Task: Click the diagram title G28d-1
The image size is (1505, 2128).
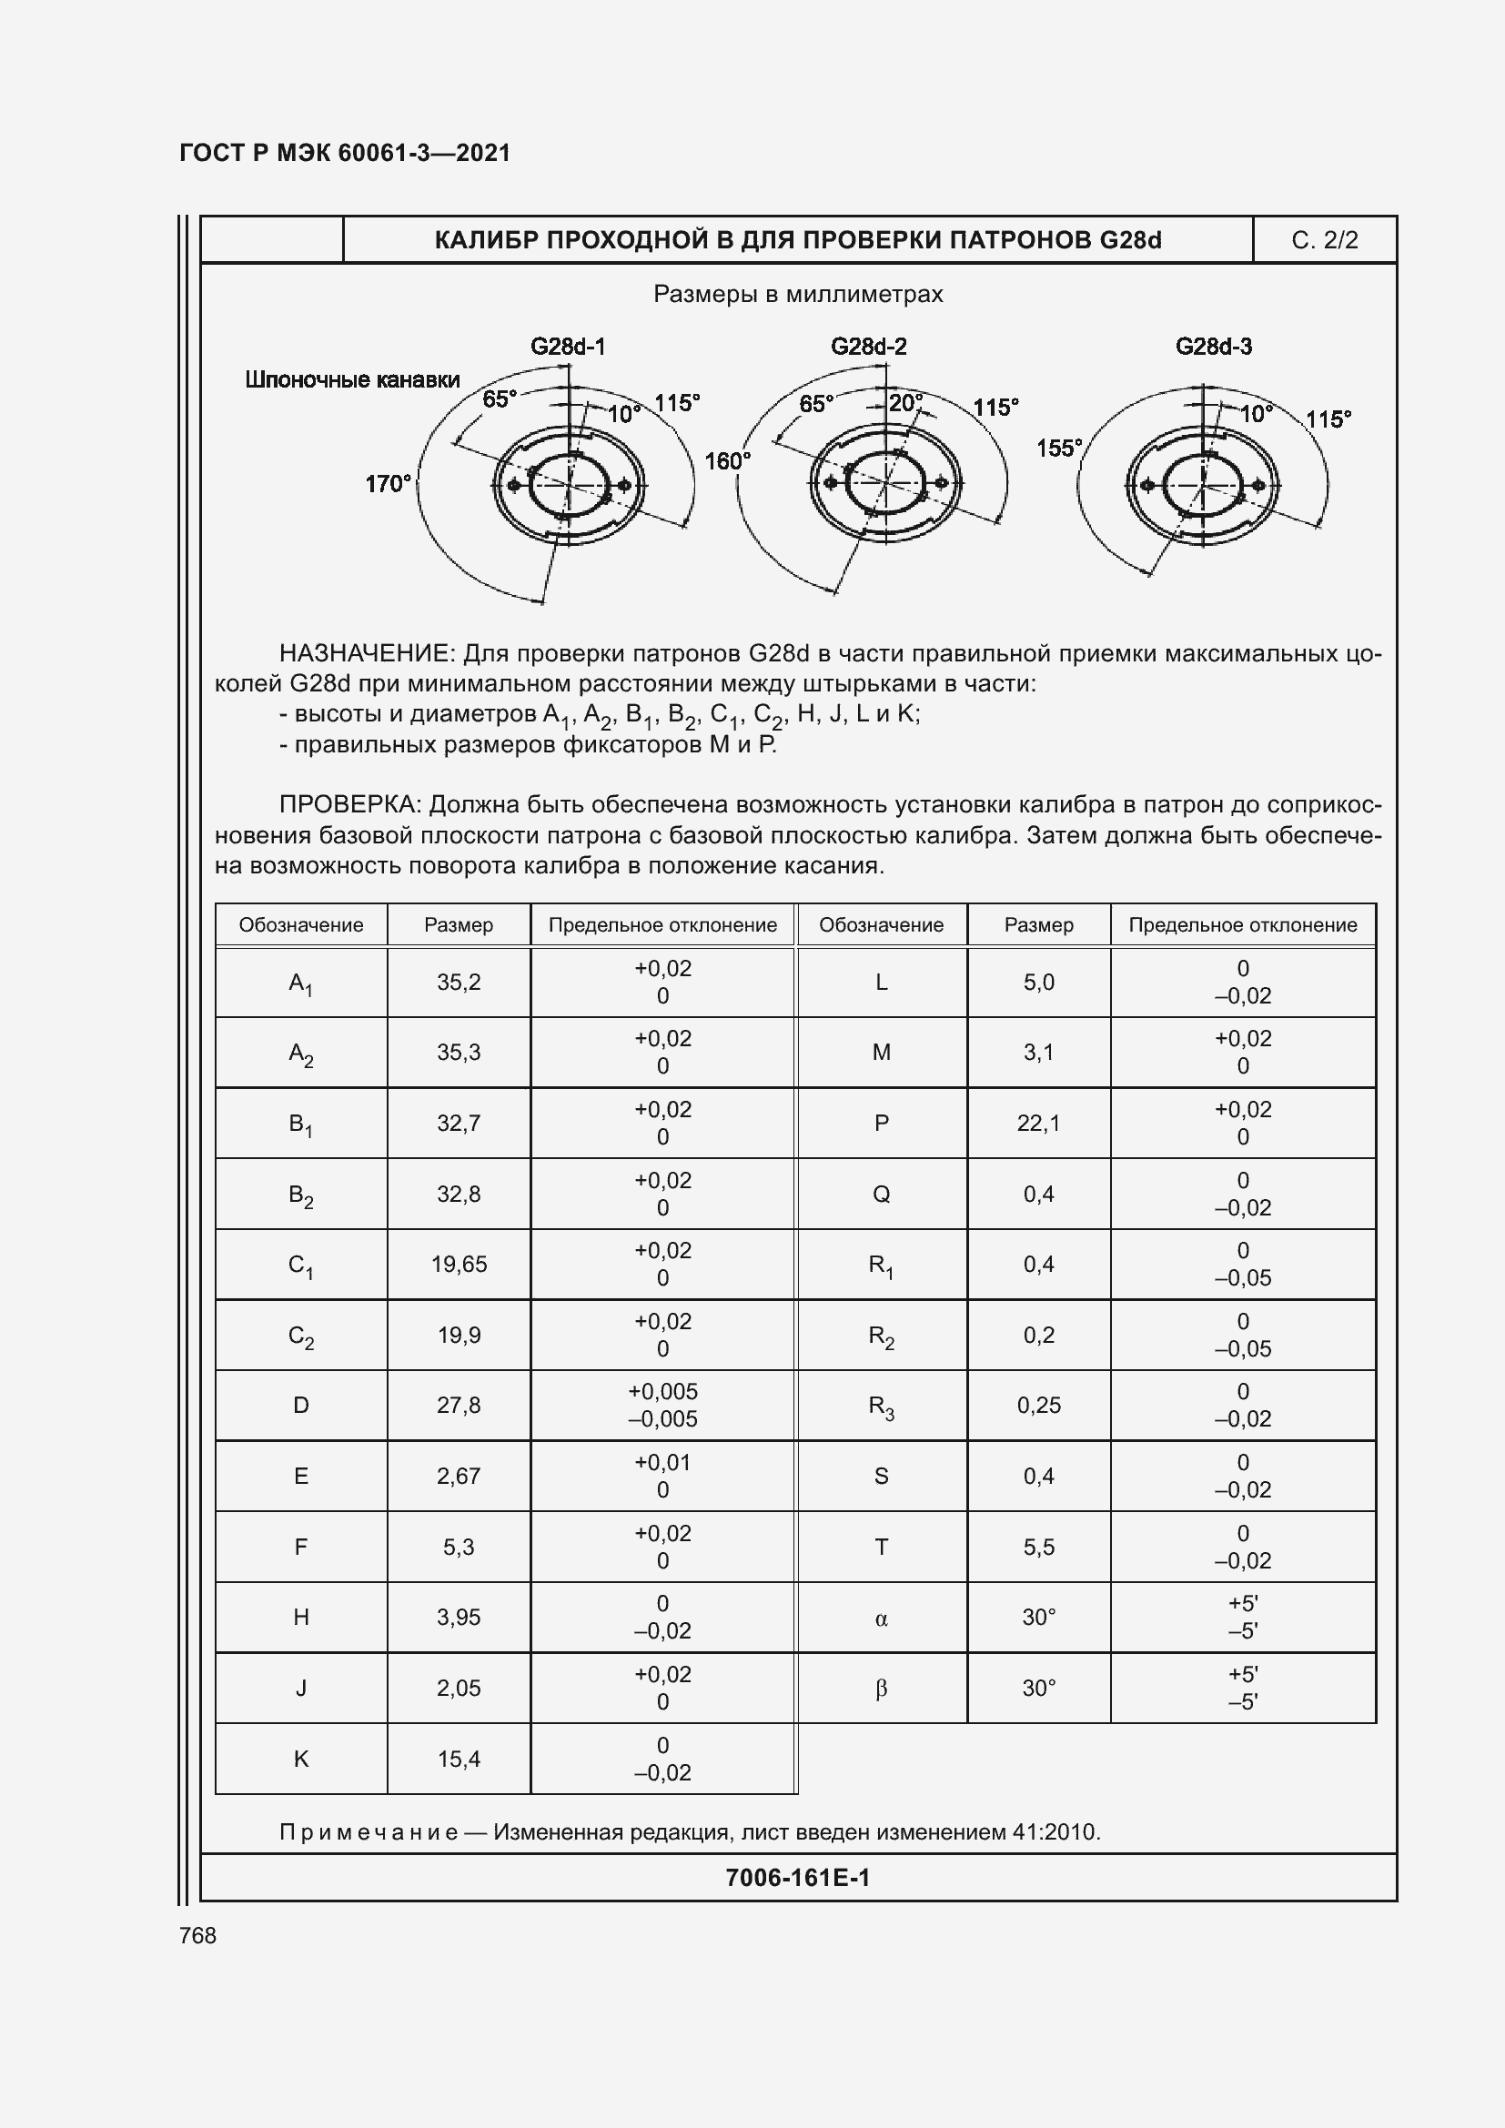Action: click(x=567, y=347)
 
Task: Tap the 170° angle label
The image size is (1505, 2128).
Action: click(x=388, y=484)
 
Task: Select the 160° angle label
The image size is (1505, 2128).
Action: click(x=728, y=460)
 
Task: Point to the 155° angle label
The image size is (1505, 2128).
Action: click(x=1059, y=449)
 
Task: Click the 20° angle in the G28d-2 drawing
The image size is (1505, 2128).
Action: click(x=904, y=403)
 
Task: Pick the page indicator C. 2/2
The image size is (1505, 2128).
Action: click(x=1324, y=240)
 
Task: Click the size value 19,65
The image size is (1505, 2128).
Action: click(x=459, y=1265)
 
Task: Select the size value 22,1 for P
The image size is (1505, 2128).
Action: click(x=1038, y=1124)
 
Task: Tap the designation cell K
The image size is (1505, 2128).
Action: click(x=301, y=1760)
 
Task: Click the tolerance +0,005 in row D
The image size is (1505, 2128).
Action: click(x=662, y=1391)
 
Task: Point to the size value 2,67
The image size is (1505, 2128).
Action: click(x=459, y=1476)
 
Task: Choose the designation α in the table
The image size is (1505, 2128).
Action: click(x=881, y=1619)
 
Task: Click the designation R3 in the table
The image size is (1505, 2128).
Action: click(x=881, y=1407)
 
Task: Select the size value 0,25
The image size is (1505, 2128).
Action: click(x=1038, y=1405)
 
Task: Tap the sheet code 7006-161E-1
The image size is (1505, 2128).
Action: click(x=797, y=1878)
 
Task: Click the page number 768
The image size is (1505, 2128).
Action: click(x=197, y=1935)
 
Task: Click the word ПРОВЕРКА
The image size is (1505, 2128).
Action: click(x=351, y=804)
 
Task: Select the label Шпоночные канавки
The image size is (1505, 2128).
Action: click(x=352, y=379)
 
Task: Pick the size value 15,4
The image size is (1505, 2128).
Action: click(x=459, y=1760)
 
